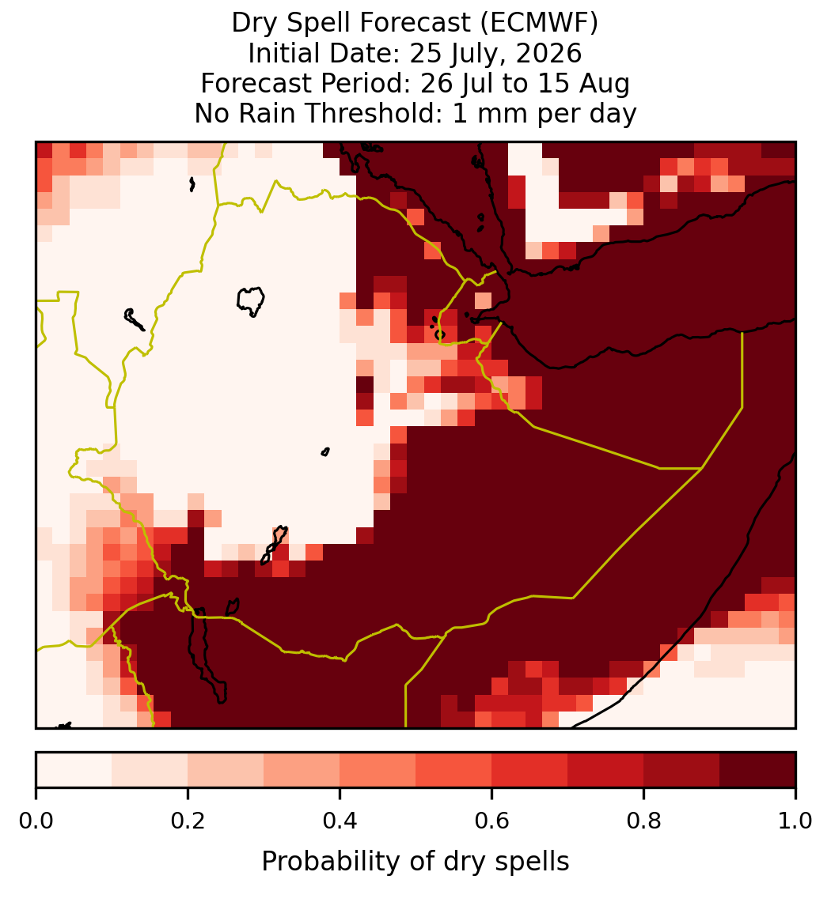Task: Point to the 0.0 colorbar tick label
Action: (36, 821)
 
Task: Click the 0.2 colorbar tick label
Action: (188, 821)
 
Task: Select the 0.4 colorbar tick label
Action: (340, 821)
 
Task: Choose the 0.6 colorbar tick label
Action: (491, 821)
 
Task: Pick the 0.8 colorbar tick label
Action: (643, 821)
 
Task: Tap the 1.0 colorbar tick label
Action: (795, 821)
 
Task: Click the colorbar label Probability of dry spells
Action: (415, 862)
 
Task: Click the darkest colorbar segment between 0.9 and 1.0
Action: (757, 770)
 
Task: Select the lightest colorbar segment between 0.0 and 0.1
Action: (74, 770)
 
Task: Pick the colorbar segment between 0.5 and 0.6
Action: (453, 770)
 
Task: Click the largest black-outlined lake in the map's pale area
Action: (251, 300)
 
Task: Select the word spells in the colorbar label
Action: (537, 862)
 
